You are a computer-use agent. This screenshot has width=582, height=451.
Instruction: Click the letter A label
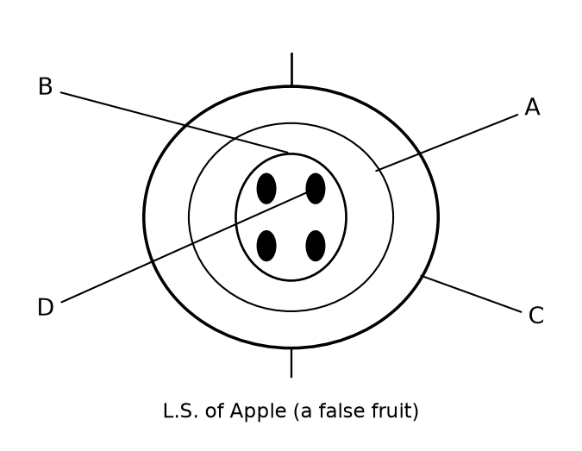(x=532, y=107)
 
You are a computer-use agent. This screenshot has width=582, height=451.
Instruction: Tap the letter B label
(x=46, y=86)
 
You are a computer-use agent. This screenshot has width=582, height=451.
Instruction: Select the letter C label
(x=536, y=316)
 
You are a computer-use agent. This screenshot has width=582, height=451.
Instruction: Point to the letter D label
(x=46, y=307)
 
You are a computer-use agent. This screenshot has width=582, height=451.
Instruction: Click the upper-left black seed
(x=266, y=189)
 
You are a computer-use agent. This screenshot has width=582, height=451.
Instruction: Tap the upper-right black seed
(x=316, y=189)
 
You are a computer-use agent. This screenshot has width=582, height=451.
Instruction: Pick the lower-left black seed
(x=266, y=246)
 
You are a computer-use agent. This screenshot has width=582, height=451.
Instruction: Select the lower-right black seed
(x=316, y=246)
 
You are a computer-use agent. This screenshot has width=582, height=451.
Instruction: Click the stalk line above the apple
(x=291, y=69)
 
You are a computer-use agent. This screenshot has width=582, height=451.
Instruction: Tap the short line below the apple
(x=291, y=363)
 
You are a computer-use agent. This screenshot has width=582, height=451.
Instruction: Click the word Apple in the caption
(x=258, y=411)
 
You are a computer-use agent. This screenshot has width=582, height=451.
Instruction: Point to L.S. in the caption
(x=181, y=411)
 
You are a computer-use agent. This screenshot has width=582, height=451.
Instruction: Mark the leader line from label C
(x=471, y=294)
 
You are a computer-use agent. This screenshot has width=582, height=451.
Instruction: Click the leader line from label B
(x=174, y=122)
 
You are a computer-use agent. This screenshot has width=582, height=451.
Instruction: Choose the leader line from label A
(x=447, y=143)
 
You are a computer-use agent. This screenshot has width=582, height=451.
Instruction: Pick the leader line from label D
(x=184, y=247)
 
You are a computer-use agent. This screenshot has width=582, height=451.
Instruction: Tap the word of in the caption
(x=214, y=410)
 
